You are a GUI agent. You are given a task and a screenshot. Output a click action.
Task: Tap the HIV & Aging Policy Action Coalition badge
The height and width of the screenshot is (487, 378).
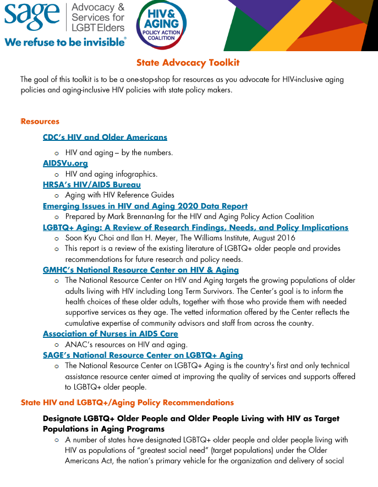click(x=161, y=25)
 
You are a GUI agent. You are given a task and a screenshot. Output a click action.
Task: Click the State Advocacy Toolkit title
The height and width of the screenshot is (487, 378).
click(x=188, y=63)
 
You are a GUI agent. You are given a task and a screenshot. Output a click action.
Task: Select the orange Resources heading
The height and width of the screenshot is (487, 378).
click(x=40, y=122)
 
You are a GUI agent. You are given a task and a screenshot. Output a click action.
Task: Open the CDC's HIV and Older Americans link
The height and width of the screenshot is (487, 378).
click(x=105, y=137)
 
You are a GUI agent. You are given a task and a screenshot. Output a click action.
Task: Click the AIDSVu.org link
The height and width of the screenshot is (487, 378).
click(x=65, y=163)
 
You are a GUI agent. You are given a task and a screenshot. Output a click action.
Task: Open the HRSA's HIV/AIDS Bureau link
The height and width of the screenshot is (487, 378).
click(x=92, y=184)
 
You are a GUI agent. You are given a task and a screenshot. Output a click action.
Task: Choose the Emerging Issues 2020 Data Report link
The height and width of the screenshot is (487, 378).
click(x=145, y=206)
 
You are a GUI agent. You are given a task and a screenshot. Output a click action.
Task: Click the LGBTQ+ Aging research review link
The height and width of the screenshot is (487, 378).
click(x=195, y=227)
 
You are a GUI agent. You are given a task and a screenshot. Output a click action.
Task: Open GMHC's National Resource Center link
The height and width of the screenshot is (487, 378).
click(x=141, y=270)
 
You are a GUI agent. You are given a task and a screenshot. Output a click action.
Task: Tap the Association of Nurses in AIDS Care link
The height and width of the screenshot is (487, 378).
click(x=111, y=333)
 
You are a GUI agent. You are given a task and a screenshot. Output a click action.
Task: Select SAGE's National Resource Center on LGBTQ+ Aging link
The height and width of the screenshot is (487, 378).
click(x=143, y=355)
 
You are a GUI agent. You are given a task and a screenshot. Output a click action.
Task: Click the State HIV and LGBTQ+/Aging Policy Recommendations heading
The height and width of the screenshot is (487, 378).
click(x=127, y=403)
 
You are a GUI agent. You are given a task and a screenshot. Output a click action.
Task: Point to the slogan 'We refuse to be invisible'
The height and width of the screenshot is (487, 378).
click(x=65, y=42)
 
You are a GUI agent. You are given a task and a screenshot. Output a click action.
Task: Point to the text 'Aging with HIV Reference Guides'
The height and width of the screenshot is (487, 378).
click(x=119, y=195)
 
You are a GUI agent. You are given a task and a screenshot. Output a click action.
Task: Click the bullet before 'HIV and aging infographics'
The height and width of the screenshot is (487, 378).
click(x=57, y=174)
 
